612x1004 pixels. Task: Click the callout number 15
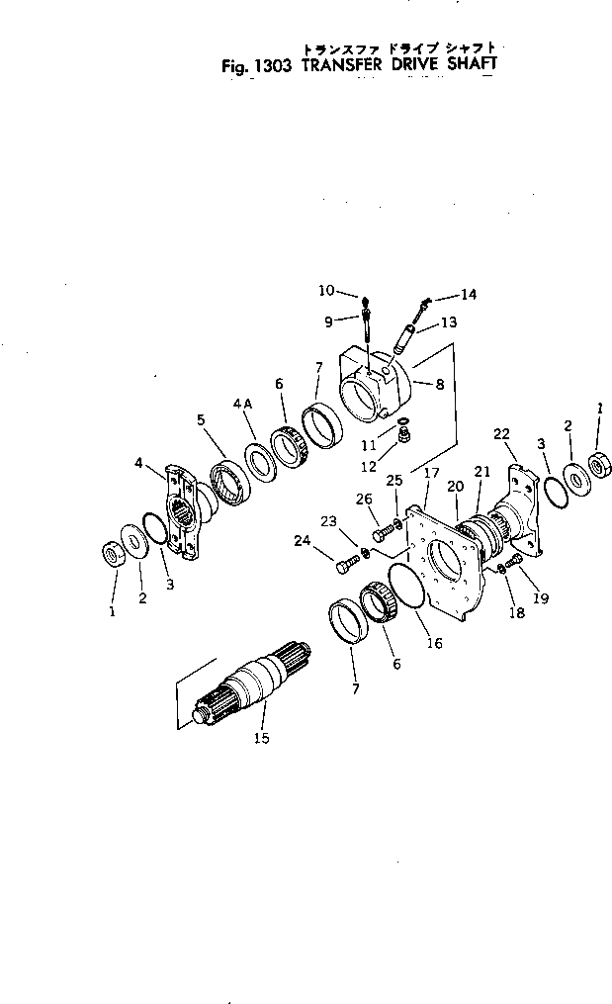click(261, 737)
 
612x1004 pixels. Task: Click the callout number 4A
click(243, 404)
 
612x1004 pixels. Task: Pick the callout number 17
click(432, 474)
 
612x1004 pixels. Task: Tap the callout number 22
click(501, 434)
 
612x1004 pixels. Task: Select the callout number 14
click(468, 294)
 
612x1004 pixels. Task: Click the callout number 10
click(327, 290)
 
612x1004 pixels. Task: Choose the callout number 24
click(302, 540)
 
